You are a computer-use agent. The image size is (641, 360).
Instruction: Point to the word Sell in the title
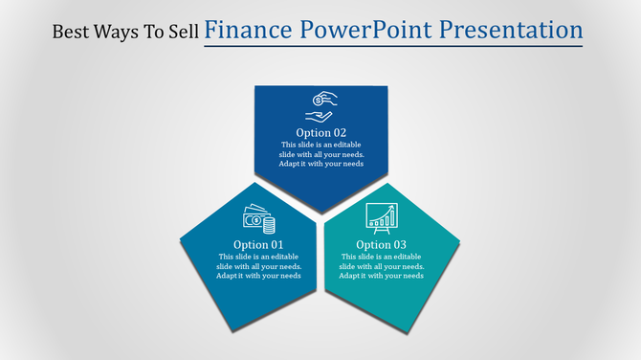click(x=182, y=32)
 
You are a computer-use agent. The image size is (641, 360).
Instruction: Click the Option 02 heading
click(x=320, y=132)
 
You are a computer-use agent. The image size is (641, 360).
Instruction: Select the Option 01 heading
click(x=259, y=244)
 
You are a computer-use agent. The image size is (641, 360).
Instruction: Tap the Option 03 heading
click(x=381, y=244)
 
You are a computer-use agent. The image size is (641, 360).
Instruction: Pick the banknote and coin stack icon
click(x=258, y=219)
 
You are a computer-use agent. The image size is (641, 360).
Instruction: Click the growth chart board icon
click(x=381, y=217)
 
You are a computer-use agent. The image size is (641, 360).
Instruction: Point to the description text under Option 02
click(x=320, y=154)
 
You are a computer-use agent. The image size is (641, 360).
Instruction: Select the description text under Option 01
click(x=258, y=266)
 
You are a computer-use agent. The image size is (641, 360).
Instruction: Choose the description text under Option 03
click(x=381, y=266)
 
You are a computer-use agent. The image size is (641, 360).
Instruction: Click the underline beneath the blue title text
click(x=393, y=46)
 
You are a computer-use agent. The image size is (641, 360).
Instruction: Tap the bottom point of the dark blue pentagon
click(x=321, y=212)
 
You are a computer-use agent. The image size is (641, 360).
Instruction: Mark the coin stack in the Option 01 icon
click(x=269, y=225)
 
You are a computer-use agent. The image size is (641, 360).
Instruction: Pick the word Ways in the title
click(x=117, y=32)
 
